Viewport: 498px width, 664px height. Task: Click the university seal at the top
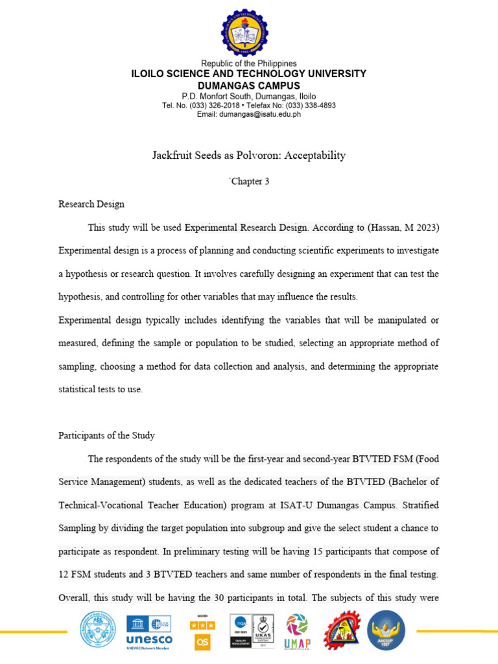[x=245, y=32]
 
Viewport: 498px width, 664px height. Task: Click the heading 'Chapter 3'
[x=249, y=182]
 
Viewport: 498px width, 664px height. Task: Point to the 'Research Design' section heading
[x=91, y=204]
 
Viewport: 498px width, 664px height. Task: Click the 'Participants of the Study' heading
[x=106, y=436]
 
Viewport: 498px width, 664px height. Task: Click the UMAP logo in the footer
[x=298, y=631]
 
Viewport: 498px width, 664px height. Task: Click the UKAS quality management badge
[x=263, y=630]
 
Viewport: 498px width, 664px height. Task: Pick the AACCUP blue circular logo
[x=386, y=631]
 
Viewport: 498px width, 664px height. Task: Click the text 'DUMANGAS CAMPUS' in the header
[x=248, y=86]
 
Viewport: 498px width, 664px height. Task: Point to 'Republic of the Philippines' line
[x=248, y=64]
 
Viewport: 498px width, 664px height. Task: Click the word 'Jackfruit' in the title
[x=172, y=156]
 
